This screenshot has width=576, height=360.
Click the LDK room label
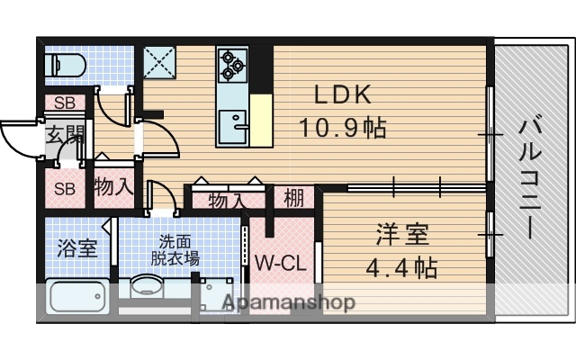pos(342,94)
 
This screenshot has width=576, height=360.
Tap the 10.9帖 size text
pos(343,128)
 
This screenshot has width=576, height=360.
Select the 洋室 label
pos(402,235)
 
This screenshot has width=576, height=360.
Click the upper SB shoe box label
pos(64,103)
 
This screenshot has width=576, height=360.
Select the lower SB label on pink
pos(64,189)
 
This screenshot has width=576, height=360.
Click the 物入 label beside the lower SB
pos(114,188)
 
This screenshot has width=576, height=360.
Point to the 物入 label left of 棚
pos(227,200)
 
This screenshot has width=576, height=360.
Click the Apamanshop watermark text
pos(289,302)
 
